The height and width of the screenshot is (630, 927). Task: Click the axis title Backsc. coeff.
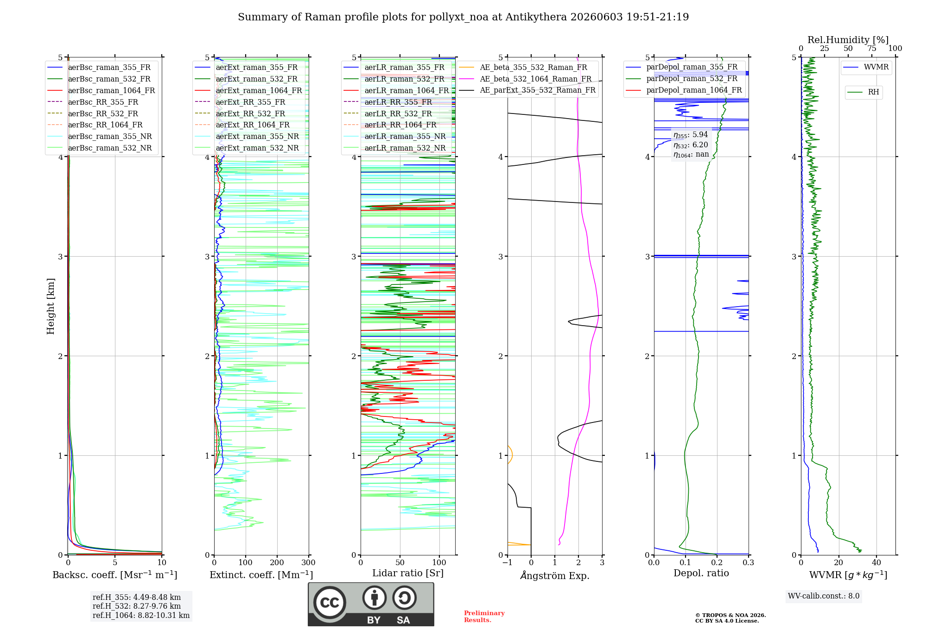tap(115, 575)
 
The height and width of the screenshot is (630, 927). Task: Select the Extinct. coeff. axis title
tap(261, 575)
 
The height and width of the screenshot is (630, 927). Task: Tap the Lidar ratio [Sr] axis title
tap(408, 573)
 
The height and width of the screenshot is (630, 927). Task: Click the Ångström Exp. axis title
tap(555, 575)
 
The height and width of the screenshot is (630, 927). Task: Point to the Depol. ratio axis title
tap(701, 573)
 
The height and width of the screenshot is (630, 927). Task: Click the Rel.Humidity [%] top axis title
tap(848, 40)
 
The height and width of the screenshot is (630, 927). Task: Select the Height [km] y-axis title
tap(51, 306)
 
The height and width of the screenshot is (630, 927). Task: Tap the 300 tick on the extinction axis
tap(309, 562)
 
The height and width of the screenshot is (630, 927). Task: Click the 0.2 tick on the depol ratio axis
tap(717, 562)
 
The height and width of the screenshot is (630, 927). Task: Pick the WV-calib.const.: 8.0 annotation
tap(824, 596)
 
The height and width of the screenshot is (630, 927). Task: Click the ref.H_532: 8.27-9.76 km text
tap(137, 606)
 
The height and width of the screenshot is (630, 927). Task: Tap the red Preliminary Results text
tap(484, 617)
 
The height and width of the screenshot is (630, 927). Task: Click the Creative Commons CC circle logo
tap(330, 602)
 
